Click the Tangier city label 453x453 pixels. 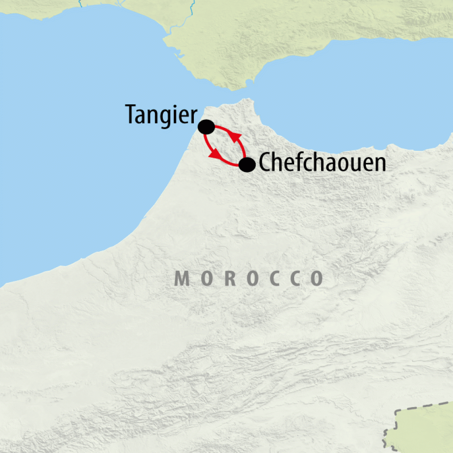click(161, 115)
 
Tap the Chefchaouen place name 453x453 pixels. click(322, 163)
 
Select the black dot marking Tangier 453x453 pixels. click(206, 127)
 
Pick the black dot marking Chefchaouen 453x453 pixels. click(247, 165)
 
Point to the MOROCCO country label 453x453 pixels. click(249, 278)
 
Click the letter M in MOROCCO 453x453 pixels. click(181, 278)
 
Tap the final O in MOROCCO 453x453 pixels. click(317, 278)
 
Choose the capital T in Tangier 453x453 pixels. click(131, 114)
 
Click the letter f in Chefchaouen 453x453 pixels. click(293, 162)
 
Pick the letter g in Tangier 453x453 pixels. click(170, 117)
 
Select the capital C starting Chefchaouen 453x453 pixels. click(265, 163)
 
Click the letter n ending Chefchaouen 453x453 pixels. click(380, 164)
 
